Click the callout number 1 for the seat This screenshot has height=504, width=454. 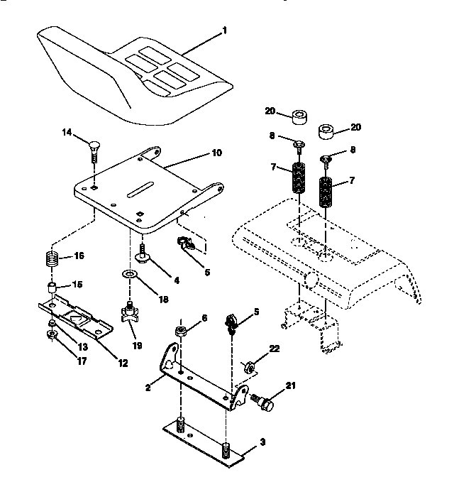tap(226, 31)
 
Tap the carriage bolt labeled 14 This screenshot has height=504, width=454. tap(92, 148)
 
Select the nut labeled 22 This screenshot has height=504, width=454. tap(250, 366)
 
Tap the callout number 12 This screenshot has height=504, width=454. tap(123, 363)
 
